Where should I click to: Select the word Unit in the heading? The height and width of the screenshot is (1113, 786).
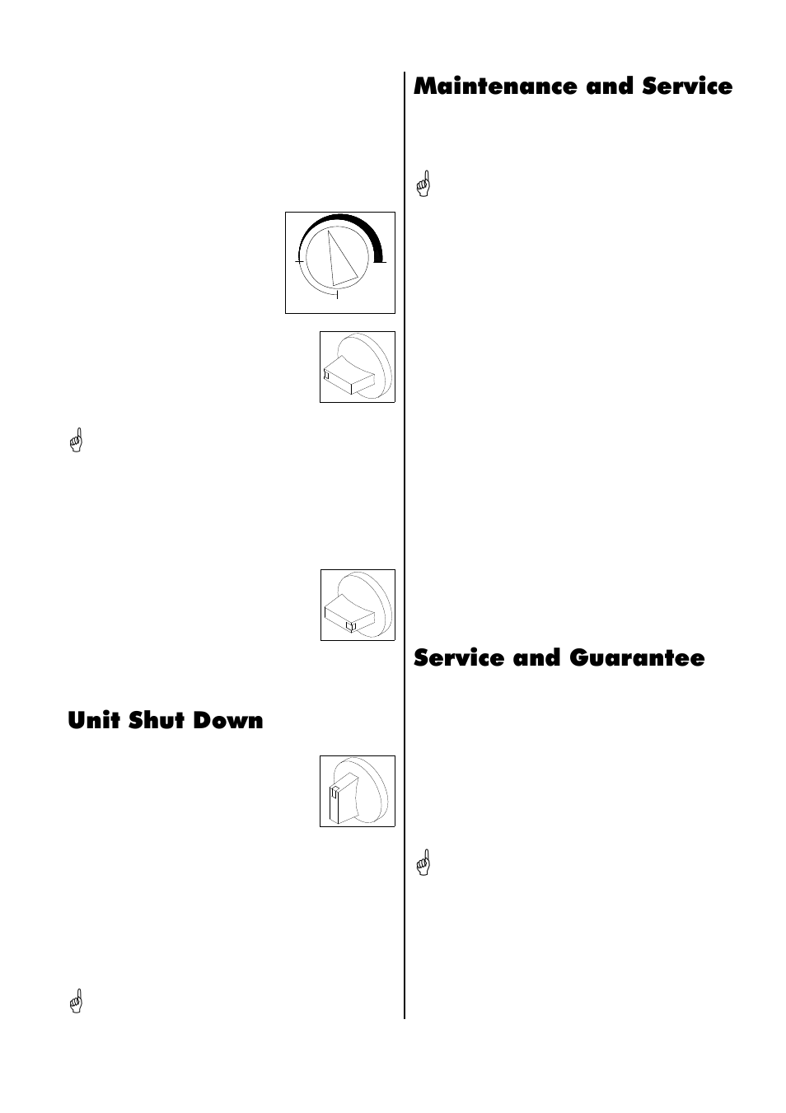91,720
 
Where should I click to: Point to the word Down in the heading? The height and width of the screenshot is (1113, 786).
229,720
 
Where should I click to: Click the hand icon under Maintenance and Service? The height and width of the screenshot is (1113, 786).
423,183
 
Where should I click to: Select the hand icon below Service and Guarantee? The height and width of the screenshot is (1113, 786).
423,862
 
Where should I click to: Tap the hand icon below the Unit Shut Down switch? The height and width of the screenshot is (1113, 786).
77,1001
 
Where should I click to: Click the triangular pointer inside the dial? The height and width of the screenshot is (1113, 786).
340,258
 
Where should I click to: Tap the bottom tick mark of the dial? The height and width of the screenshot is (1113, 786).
338,293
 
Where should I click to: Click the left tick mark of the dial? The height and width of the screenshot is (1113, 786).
299,261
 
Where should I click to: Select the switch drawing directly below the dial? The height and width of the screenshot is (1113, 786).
357,367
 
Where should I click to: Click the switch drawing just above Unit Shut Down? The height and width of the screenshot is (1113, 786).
357,605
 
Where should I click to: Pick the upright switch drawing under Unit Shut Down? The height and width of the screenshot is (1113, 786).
357,791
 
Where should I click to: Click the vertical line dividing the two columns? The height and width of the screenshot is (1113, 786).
405,544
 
